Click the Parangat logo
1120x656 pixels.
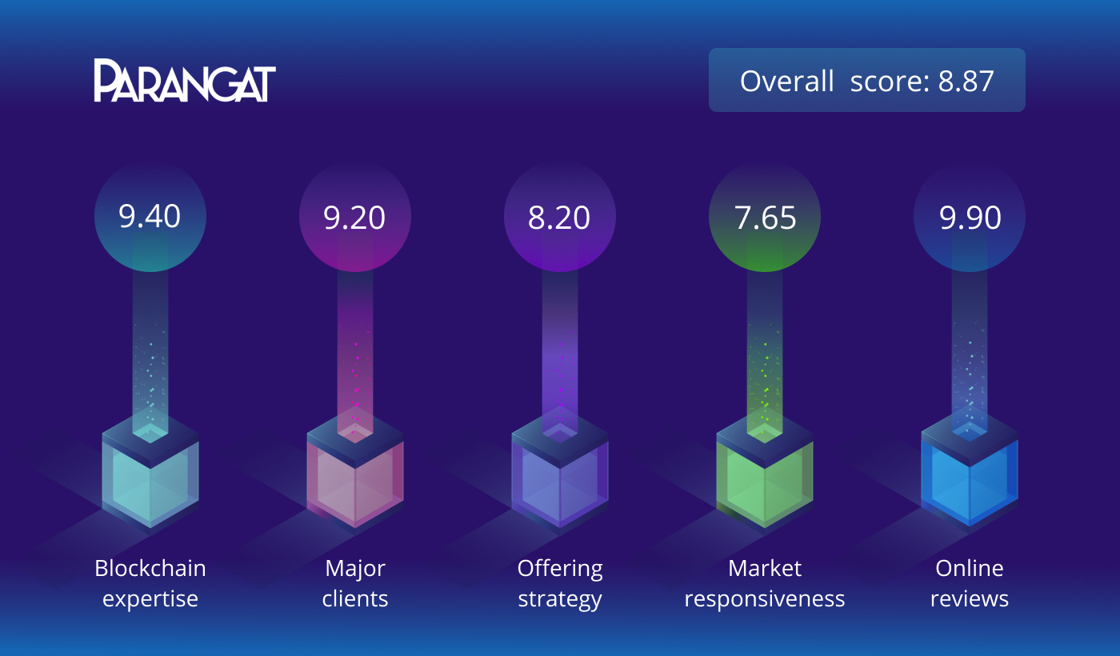pos(185,80)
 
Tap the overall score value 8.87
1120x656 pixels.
pos(966,81)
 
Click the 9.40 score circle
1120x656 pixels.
pos(150,217)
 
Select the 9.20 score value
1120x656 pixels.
pos(354,218)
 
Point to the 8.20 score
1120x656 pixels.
pos(559,218)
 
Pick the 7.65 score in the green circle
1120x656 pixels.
pos(765,218)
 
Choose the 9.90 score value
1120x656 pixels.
pos(970,218)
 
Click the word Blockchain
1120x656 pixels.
pos(150,568)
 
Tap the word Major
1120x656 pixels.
pos(355,570)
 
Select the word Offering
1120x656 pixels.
pos(560,570)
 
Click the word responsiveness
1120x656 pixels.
pos(765,599)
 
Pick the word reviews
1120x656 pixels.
pos(970,599)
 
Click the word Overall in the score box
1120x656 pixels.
pos(787,81)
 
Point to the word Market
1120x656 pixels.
pos(765,568)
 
